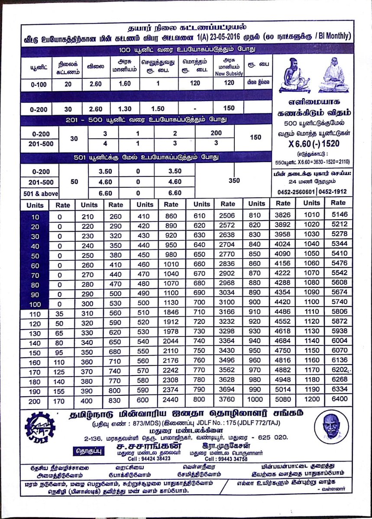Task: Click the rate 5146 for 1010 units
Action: pyautogui.click(x=339, y=215)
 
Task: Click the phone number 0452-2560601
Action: pyautogui.click(x=296, y=191)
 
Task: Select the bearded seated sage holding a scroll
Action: pyautogui.click(x=294, y=74)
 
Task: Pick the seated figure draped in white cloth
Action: pyautogui.click(x=333, y=74)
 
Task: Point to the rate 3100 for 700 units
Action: pyautogui.click(x=227, y=302)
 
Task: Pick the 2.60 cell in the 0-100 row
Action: pyautogui.click(x=95, y=84)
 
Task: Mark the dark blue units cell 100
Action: pyautogui.click(x=35, y=304)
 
